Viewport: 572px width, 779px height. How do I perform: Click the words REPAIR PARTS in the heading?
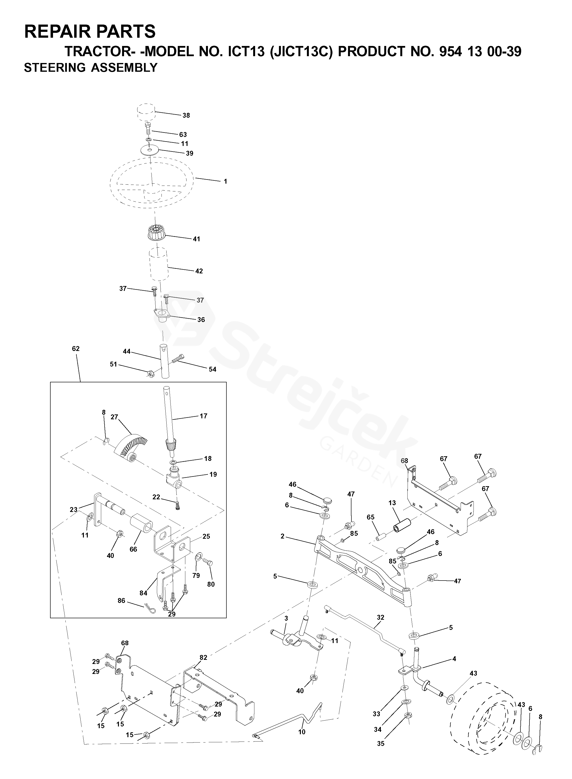90,32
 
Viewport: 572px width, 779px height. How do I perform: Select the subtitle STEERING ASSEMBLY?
91,68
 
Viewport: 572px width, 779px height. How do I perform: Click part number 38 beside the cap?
186,116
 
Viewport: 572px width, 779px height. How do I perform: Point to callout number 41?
196,239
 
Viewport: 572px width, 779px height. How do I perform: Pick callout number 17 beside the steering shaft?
203,416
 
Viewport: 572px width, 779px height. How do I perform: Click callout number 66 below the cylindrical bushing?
133,549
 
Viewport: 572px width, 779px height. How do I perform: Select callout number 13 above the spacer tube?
392,503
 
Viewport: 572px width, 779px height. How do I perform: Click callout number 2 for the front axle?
283,536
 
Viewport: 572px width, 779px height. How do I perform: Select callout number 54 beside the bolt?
212,369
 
